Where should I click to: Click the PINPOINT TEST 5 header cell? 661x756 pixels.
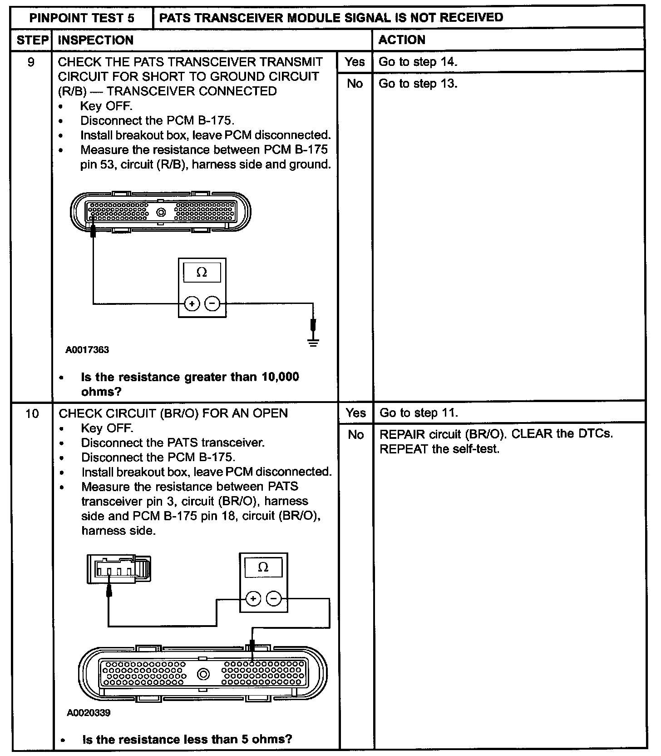pos(82,18)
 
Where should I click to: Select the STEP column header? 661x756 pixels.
pos(32,40)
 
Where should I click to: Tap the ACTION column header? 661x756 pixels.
pos(402,40)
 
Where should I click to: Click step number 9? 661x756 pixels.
pos(31,62)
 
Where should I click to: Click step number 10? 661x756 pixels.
pos(32,414)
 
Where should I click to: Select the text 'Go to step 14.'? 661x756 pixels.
pos(418,62)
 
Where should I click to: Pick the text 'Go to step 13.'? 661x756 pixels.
pos(418,84)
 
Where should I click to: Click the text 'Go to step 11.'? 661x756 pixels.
pos(419,413)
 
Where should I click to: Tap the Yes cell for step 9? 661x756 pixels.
pos(355,62)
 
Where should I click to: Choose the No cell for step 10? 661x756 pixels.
pos(356,435)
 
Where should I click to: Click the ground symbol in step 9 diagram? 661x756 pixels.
pos(313,341)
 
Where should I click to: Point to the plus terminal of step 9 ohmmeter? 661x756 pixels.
pos(192,303)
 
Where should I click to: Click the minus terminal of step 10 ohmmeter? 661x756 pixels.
pos(273,599)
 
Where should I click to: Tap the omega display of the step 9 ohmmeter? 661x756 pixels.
pos(202,273)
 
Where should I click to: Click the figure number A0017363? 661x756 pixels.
pos(87,350)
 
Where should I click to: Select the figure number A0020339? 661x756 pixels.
pos(89,713)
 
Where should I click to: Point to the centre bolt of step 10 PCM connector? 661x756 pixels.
pos(203,674)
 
